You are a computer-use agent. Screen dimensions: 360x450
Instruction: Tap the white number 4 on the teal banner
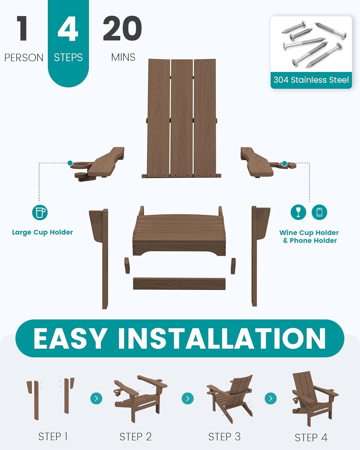[x=68, y=28]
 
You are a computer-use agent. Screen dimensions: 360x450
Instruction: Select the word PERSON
[x=24, y=58]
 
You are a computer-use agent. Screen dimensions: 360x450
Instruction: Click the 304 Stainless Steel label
[x=311, y=80]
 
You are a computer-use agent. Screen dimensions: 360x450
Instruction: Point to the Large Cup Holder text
[x=43, y=232]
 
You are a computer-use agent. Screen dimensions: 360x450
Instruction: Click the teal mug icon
[x=40, y=212]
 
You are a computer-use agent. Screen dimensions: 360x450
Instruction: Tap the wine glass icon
[x=298, y=212]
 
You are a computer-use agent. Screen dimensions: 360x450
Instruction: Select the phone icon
[x=319, y=212]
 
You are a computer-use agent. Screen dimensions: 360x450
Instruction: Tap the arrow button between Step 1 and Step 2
[x=96, y=398]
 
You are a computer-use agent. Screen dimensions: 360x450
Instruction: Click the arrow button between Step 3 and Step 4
[x=271, y=398]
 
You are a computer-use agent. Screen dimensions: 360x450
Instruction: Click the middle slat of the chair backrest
[x=181, y=118]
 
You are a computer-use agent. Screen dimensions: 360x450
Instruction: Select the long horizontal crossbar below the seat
[x=179, y=284]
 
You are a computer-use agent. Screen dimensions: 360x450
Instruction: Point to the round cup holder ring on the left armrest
[x=80, y=166]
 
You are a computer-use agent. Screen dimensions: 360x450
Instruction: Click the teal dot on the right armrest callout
[x=284, y=163]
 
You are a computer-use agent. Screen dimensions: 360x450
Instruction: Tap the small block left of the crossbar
[x=127, y=265]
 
